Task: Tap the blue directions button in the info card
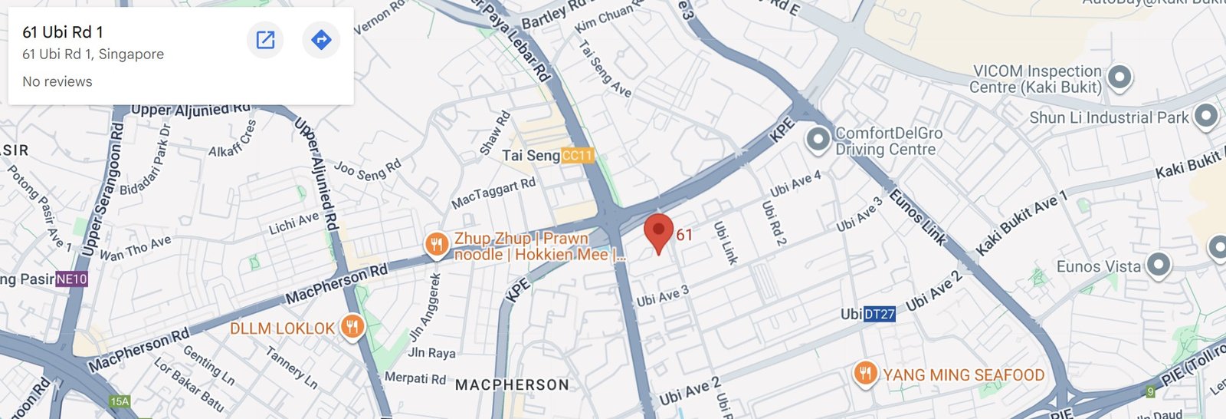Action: (321, 40)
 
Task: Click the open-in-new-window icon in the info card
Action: (265, 40)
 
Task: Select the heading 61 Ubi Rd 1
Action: (63, 32)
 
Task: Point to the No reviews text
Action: (57, 81)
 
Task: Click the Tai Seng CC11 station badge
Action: (577, 156)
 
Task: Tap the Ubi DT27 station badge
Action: (879, 314)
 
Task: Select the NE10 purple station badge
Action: (71, 279)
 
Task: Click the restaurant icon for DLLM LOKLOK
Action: (352, 328)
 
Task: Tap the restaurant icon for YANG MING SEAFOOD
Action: (865, 374)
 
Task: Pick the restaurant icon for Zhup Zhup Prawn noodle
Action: (437, 245)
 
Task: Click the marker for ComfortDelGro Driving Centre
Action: (818, 140)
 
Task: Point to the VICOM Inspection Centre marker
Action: (1119, 78)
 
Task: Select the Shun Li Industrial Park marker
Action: (1206, 117)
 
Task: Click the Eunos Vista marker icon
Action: (1158, 266)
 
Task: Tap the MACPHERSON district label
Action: (512, 385)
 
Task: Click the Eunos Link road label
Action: (917, 218)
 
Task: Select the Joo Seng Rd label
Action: (368, 170)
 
